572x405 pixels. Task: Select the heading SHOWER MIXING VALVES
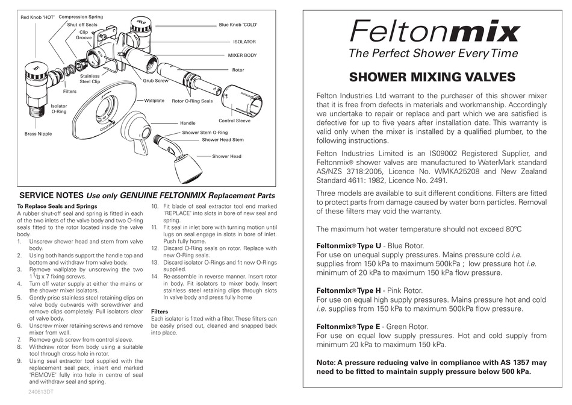coord(432,77)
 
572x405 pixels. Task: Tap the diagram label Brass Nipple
coord(38,134)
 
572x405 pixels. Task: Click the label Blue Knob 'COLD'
coord(238,25)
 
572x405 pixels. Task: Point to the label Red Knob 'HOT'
coord(37,17)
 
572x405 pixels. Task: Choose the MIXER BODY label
coord(242,55)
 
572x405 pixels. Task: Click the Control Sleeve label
coord(234,121)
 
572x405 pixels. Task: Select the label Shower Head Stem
coord(222,140)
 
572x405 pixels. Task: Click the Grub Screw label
coord(155,80)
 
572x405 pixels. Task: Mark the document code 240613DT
coord(42,392)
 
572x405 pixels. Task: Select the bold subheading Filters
coord(159,312)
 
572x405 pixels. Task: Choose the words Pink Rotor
coord(406,290)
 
